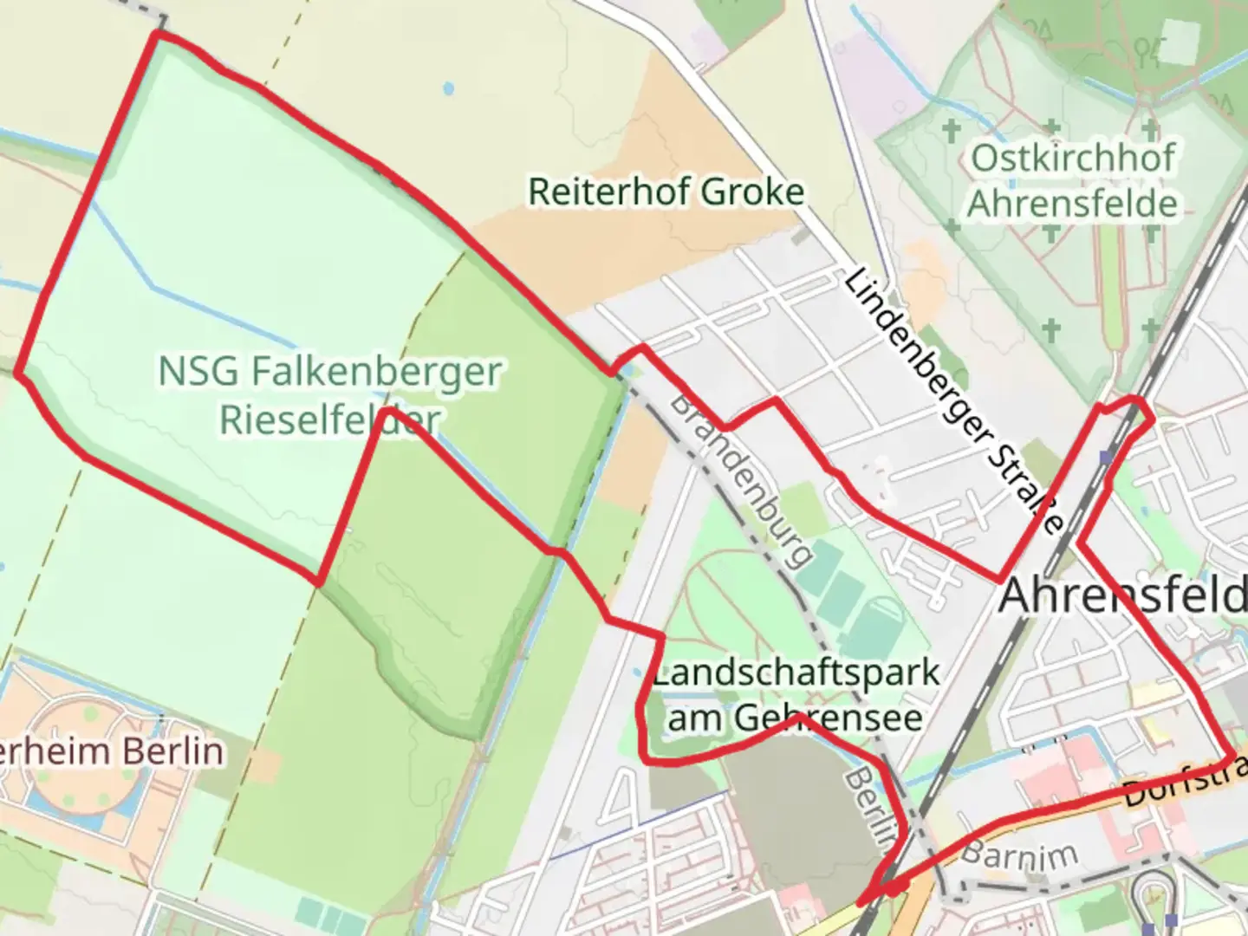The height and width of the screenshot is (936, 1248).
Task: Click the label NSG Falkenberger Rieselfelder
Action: pyautogui.click(x=329, y=395)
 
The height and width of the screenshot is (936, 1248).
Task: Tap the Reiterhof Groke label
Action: pyautogui.click(x=666, y=192)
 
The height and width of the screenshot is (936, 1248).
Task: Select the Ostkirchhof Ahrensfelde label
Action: pyautogui.click(x=1073, y=181)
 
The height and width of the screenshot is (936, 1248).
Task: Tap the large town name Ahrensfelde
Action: pyautogui.click(x=1123, y=596)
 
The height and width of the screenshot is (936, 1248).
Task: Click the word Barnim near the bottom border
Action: pyautogui.click(x=1019, y=855)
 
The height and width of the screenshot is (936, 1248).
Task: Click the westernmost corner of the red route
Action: pyautogui.click(x=18, y=373)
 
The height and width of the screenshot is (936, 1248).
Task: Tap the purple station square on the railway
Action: pyautogui.click(x=1105, y=456)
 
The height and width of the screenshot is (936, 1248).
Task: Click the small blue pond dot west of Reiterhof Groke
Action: pyautogui.click(x=448, y=88)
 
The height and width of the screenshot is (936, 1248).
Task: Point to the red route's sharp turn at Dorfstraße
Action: pyautogui.click(x=1231, y=756)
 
